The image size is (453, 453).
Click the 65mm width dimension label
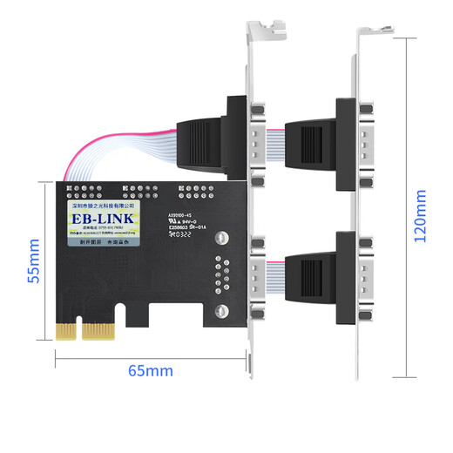pos(150,370)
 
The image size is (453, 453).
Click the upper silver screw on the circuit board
pos(224,238)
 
